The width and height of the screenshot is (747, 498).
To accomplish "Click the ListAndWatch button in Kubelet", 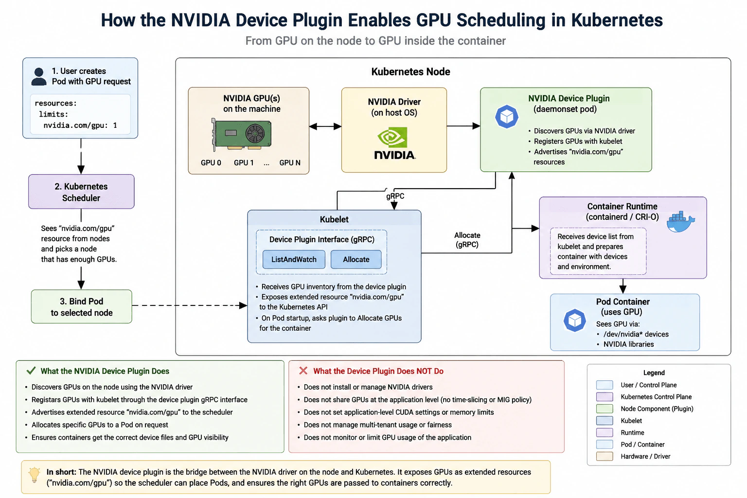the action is point(294,260).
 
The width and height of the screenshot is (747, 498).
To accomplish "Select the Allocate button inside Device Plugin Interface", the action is point(356,260).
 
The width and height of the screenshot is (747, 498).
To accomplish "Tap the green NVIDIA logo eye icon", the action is point(392,137).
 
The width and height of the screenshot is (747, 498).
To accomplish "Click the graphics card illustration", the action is point(241,134).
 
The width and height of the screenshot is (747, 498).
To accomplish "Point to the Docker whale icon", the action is point(681,222).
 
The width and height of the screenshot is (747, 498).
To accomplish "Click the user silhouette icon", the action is point(39,77).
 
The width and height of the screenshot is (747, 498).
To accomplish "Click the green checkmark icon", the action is point(31,371).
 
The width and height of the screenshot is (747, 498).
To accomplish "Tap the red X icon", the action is point(303,371).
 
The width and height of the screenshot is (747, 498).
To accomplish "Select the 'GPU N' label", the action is point(290,163).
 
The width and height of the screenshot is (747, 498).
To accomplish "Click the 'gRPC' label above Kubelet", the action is point(395,196).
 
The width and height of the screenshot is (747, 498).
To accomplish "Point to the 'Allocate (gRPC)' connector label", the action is point(467,240).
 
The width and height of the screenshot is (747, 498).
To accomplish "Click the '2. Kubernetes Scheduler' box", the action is point(81,192).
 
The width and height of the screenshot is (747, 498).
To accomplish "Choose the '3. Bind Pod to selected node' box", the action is point(82,306).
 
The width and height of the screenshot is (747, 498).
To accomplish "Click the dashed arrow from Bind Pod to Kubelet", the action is point(189,305).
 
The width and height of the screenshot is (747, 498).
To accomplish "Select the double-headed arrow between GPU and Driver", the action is point(325,126).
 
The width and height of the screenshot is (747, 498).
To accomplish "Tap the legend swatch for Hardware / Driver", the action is point(605,456).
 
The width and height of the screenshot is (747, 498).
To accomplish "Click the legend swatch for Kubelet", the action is point(605,421).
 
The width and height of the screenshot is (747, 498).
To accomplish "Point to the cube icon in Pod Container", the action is point(574,320).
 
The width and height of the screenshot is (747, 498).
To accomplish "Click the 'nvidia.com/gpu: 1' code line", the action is point(80,125).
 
